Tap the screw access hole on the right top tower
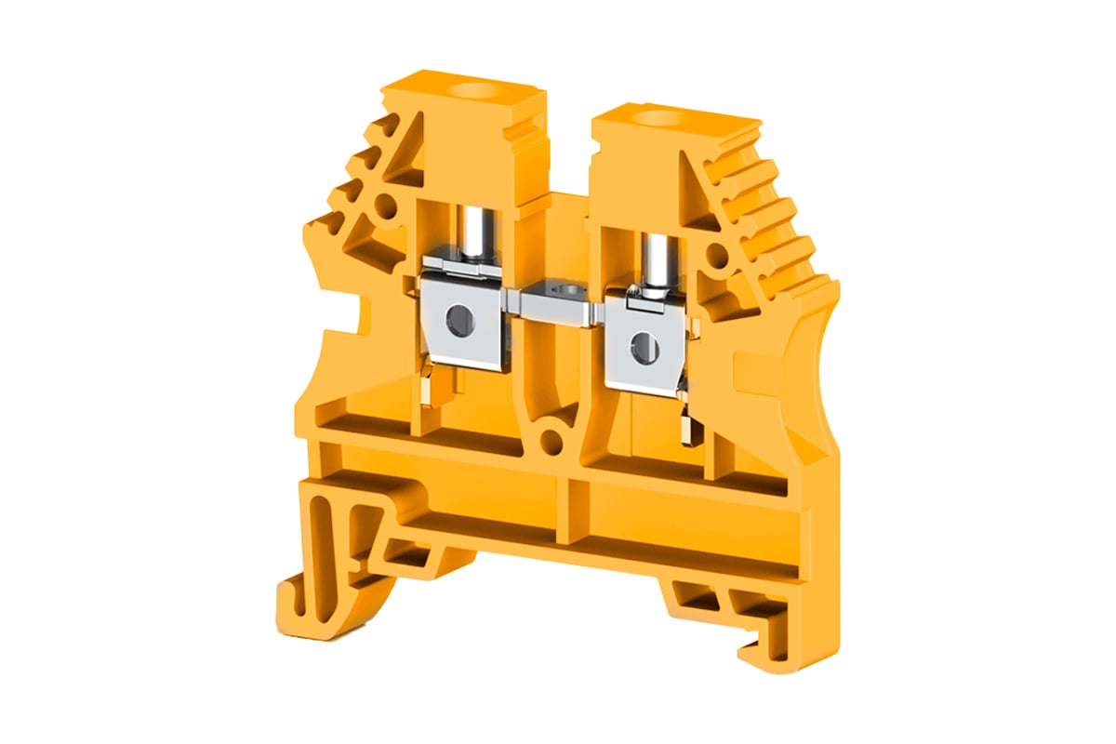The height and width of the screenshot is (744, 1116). point(662,117)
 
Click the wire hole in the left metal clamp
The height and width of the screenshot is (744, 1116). point(458,321)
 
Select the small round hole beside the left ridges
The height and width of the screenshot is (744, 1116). point(384,207)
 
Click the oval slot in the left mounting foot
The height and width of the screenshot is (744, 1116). point(320,531)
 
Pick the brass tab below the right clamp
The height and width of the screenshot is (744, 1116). point(689,429)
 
